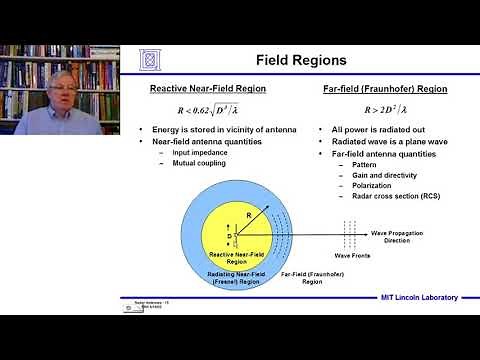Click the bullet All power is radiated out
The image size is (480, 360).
coord(379,130)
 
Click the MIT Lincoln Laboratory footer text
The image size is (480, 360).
coord(413,297)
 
